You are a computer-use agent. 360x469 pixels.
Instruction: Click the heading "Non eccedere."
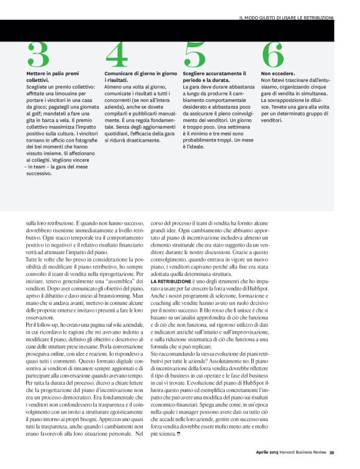(x=278, y=73)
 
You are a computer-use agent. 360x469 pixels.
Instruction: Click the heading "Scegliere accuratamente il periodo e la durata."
(x=210, y=77)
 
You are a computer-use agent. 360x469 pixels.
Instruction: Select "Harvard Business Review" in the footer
(x=300, y=452)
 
